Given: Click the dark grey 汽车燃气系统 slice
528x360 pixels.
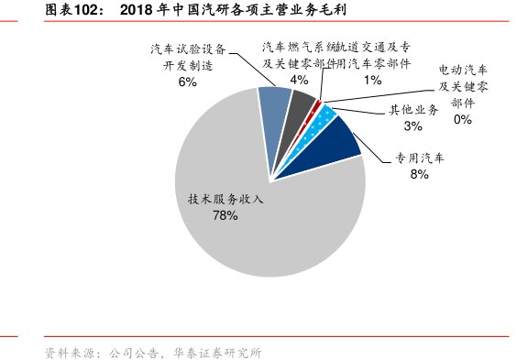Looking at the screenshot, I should (301, 104).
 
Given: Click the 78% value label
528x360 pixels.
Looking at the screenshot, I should (225, 215).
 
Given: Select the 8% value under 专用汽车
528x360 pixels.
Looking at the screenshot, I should (420, 174).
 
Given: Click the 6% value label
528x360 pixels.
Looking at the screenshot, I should (188, 82).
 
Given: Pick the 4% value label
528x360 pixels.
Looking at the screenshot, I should (299, 80).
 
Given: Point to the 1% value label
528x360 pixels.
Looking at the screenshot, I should (372, 80).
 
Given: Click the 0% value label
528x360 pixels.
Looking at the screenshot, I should (462, 118).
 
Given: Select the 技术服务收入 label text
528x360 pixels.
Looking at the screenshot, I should (225, 199).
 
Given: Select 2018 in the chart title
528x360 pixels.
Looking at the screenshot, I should (137, 10).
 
